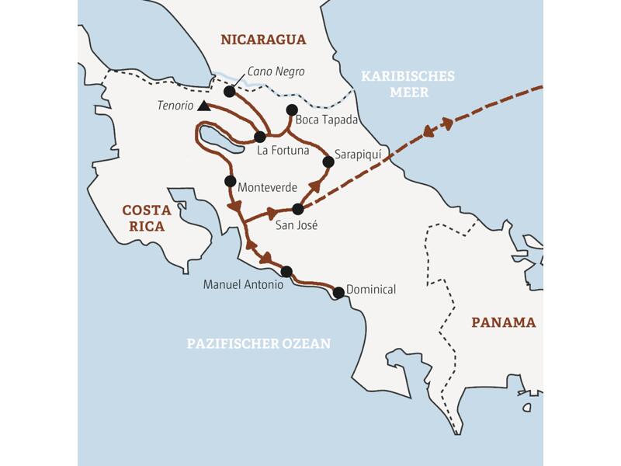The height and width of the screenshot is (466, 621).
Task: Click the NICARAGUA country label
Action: (x=263, y=40)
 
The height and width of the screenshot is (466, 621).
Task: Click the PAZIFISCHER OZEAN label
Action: (x=258, y=343)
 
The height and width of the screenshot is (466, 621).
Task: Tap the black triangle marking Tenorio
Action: (x=203, y=106)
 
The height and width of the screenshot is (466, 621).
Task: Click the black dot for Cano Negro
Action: (x=229, y=92)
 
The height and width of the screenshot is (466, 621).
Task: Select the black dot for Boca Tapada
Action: (x=292, y=110)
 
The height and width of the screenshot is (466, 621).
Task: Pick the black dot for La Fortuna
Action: (x=259, y=137)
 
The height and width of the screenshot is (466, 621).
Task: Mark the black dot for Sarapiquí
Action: (x=328, y=162)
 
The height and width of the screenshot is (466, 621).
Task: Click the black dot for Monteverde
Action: (x=230, y=181)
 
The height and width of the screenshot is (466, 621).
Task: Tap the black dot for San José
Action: (x=297, y=208)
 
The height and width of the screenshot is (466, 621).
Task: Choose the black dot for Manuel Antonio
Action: (x=286, y=271)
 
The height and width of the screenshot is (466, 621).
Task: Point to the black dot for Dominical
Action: (x=338, y=292)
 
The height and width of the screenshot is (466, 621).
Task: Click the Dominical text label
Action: (x=371, y=290)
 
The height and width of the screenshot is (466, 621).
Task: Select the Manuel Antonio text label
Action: (x=240, y=285)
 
